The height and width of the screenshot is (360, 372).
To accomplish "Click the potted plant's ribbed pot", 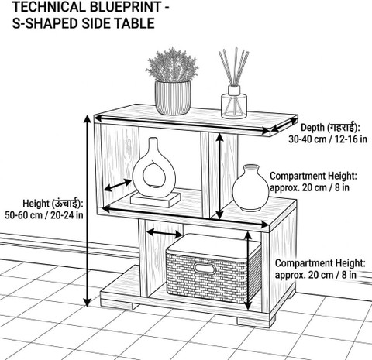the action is [x=173, y=98].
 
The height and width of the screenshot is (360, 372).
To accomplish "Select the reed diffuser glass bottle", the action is [x=234, y=102].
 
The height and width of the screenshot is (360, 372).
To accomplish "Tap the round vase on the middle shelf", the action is [x=250, y=187].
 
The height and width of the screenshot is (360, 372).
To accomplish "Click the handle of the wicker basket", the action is [x=205, y=269].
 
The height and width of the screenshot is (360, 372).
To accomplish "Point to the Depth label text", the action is [x=330, y=127].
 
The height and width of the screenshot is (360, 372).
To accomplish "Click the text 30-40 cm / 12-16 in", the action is [x=328, y=139].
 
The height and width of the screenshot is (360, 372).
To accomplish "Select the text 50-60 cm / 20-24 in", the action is [x=44, y=215].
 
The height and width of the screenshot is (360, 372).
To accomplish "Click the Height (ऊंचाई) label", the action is [x=53, y=204].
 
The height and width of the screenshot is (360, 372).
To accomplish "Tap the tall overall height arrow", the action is [x=88, y=211].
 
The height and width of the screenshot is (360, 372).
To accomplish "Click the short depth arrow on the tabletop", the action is [x=284, y=124].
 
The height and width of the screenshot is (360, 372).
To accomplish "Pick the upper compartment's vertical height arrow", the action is [x=219, y=177].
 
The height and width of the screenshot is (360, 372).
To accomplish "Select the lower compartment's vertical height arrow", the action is [x=248, y=271].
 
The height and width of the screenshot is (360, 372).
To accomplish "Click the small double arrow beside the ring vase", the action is [x=118, y=185].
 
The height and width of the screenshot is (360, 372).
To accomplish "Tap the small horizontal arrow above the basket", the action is [x=164, y=233].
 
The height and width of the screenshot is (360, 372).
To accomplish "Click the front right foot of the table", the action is [x=256, y=321].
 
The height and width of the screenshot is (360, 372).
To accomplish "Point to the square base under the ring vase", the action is [x=156, y=200].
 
